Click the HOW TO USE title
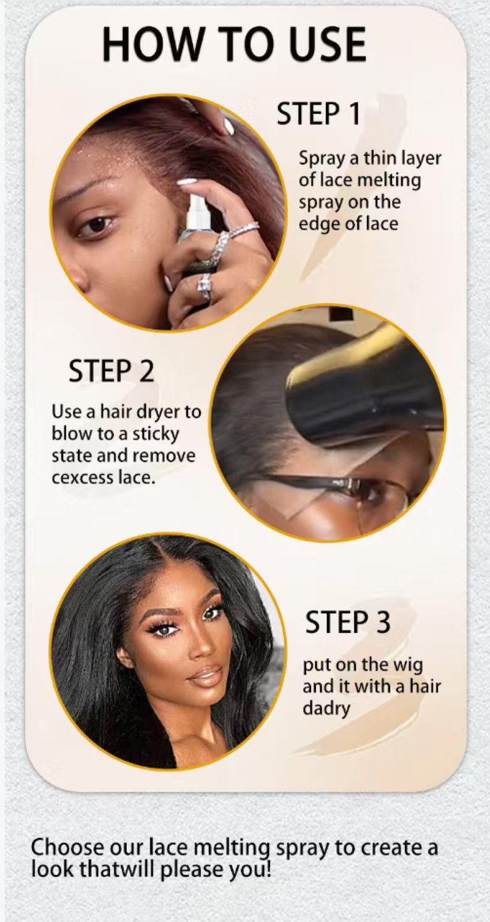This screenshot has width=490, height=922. pos(234,44)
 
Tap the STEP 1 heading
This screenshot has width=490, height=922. pos(318,114)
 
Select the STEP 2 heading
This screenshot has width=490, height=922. pos(111,370)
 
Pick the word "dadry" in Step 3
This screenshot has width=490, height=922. pos(326,708)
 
